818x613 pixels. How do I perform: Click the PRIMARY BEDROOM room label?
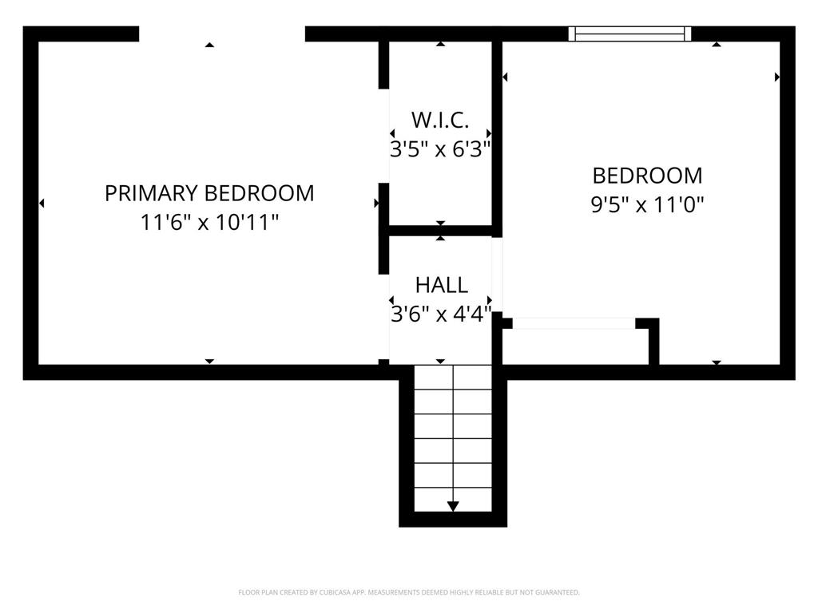[209, 193]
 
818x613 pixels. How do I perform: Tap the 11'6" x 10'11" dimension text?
[209, 223]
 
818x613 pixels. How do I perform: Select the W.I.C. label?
[440, 120]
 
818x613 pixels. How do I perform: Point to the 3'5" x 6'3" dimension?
[440, 149]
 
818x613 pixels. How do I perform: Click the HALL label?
[441, 285]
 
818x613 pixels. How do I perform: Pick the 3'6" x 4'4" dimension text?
[441, 314]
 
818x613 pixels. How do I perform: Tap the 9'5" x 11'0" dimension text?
[647, 205]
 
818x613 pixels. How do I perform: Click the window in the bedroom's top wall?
[629, 34]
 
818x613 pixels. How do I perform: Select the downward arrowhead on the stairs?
[453, 506]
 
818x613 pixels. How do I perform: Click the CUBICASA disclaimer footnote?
[408, 593]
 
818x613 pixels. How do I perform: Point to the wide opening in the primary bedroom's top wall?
[222, 34]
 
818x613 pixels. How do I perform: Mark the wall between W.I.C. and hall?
[441, 231]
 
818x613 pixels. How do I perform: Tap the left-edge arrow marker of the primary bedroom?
[42, 203]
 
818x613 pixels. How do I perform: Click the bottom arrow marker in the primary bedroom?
[209, 362]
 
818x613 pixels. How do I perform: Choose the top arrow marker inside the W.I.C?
[441, 44]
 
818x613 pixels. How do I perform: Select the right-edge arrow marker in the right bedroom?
[777, 77]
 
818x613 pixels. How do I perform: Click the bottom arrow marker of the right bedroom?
[717, 362]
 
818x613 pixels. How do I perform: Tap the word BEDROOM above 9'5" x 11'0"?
[647, 176]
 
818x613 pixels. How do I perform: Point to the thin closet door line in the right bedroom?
[574, 323]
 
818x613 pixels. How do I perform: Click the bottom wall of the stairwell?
[453, 519]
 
